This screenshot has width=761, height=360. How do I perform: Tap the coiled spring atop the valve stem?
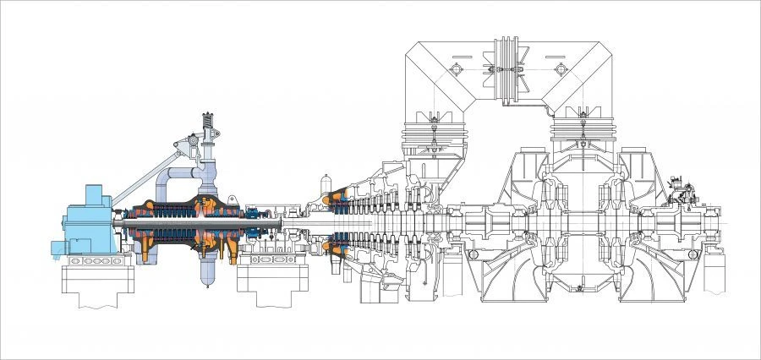coord(207,127)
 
